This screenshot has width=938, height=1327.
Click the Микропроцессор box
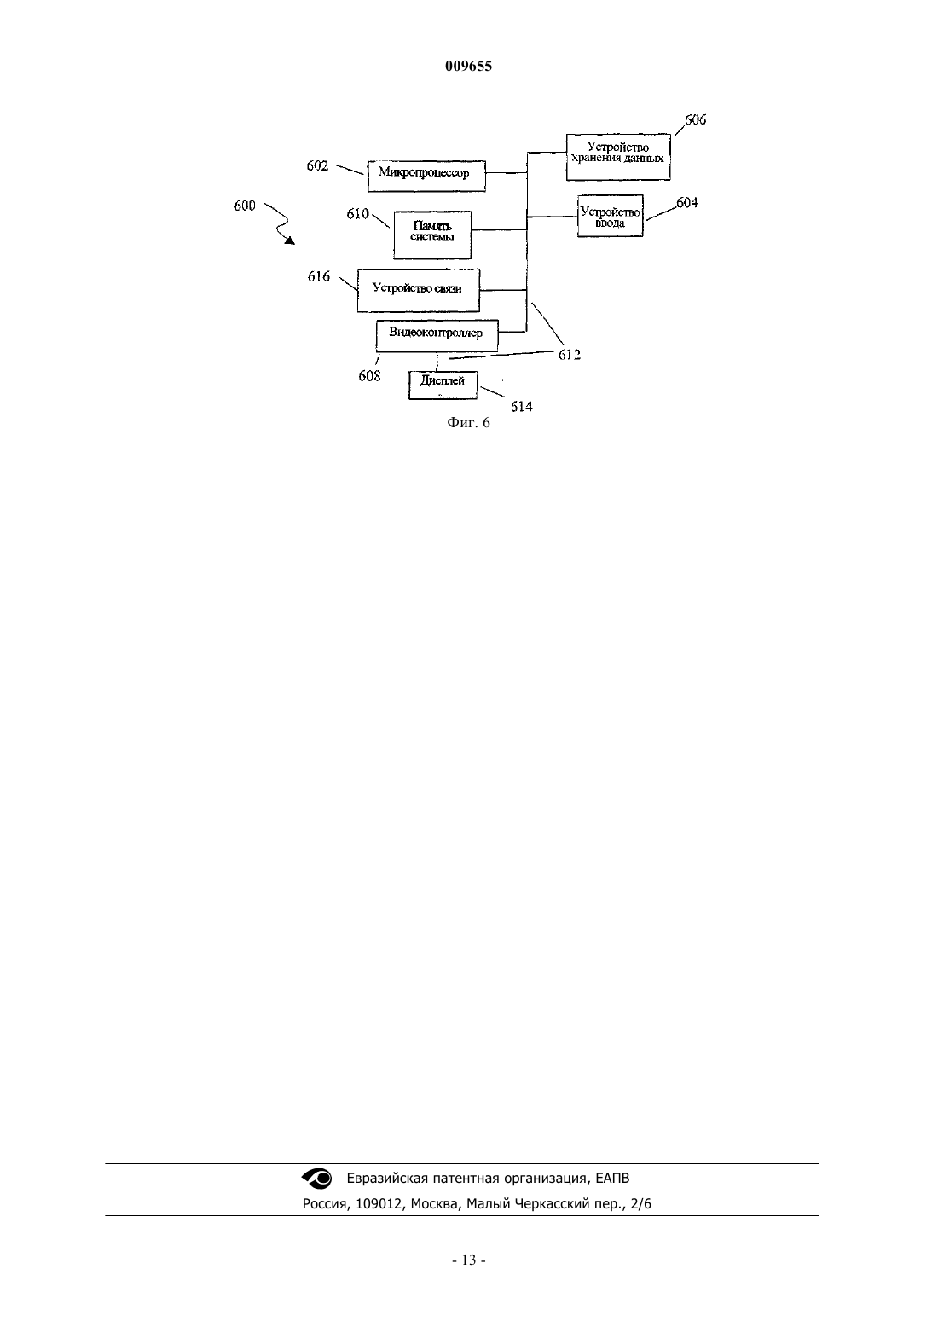click(426, 176)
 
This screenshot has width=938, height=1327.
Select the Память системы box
click(432, 235)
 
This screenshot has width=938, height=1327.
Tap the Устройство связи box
click(418, 290)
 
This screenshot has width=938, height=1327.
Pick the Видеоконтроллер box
click(437, 335)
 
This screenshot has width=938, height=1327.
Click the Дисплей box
click(443, 385)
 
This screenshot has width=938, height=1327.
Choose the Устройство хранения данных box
click(618, 157)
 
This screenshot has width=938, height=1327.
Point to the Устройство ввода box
click(610, 216)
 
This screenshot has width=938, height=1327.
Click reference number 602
click(317, 165)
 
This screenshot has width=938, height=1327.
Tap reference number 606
click(695, 119)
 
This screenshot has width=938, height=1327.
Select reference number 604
click(687, 203)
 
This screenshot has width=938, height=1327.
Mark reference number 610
click(357, 214)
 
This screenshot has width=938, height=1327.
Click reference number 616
click(319, 276)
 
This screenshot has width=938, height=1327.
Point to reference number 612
click(570, 355)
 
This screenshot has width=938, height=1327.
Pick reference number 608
click(369, 375)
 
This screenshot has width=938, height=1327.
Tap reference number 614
click(522, 407)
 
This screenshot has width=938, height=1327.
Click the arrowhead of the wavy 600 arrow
click(291, 240)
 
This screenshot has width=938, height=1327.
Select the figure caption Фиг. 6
click(468, 422)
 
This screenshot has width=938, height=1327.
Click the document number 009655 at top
click(468, 66)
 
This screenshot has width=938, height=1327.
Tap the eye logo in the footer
click(317, 1179)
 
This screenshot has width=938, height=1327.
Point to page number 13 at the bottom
click(469, 1260)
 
